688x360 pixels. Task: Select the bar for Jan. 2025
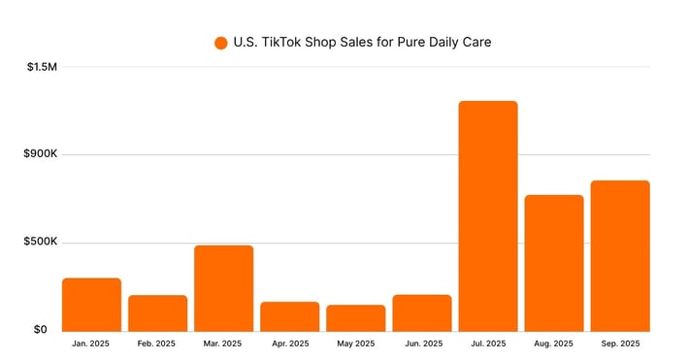tap(91, 304)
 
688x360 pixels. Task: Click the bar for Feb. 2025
tap(157, 312)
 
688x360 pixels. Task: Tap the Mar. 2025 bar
tap(223, 287)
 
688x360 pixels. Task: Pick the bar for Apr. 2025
tap(289, 315)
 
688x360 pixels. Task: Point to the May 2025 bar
tap(355, 317)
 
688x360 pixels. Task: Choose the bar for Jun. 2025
tap(422, 312)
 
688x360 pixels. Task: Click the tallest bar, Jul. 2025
tap(488, 215)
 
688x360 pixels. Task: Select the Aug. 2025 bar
tap(554, 262)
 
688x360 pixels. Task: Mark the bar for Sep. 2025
tap(620, 255)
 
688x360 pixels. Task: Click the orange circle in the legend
tap(220, 43)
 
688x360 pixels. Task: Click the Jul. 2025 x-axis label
tap(488, 344)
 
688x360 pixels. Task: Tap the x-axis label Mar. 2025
tap(223, 344)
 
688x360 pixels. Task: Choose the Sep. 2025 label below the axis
tap(620, 344)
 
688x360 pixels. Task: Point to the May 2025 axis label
tap(355, 344)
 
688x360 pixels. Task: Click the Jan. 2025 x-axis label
tap(91, 344)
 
